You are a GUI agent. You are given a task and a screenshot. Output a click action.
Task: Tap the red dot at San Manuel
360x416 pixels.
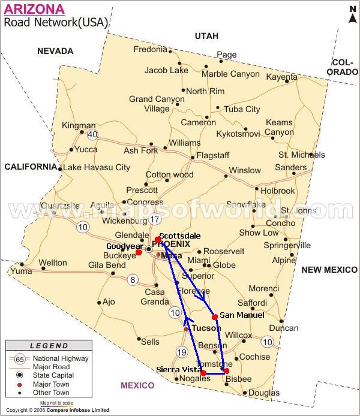tap(215, 316)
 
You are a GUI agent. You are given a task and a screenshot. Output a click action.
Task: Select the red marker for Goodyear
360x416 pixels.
tap(139, 252)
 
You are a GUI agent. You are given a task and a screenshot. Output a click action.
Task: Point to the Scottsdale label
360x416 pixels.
tap(180, 236)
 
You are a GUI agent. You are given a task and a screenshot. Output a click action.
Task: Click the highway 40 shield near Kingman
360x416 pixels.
tap(92, 134)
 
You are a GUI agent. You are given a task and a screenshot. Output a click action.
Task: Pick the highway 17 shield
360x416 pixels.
tap(155, 219)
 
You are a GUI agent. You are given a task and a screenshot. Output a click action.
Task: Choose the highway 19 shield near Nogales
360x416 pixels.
tap(182, 352)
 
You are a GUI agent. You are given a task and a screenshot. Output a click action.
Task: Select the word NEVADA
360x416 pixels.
tap(55, 52)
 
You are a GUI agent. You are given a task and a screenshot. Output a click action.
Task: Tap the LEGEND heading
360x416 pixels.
tap(49, 346)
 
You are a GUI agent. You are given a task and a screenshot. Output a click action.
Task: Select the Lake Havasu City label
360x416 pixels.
tap(97, 167)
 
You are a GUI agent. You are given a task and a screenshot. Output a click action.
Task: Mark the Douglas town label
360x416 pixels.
tap(263, 393)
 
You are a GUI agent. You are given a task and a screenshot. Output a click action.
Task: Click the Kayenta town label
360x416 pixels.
tap(281, 77)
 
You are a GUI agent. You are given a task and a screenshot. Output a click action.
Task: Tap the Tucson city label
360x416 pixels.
tap(206, 328)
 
